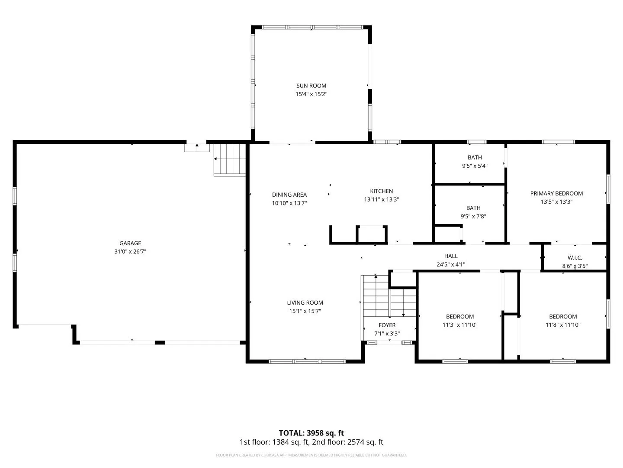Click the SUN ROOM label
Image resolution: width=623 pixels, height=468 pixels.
311,85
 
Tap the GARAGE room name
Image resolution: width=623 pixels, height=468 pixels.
130,243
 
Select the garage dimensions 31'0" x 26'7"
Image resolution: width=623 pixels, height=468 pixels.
130,251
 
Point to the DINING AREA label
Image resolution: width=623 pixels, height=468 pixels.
289,195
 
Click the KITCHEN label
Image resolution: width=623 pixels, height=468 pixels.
381,191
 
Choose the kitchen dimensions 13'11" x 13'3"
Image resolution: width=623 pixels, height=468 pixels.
381,199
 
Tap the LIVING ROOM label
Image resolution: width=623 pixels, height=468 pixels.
305,302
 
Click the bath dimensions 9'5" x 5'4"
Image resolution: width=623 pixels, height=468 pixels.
475,166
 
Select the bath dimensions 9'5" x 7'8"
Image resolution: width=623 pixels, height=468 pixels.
473,216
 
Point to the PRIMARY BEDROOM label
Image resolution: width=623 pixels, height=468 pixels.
556,193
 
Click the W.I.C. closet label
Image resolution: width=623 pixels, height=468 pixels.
575,257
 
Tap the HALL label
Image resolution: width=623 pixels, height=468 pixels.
451,256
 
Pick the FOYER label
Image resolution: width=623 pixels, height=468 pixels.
387,325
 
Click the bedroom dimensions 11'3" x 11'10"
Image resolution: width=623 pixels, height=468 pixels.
460,325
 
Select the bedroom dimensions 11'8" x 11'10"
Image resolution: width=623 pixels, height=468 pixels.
563,325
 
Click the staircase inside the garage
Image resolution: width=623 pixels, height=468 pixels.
229,160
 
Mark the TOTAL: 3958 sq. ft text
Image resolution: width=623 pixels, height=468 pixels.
311,433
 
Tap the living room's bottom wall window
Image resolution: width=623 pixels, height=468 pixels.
307,361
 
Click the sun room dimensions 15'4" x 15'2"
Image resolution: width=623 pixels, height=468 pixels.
311,94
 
